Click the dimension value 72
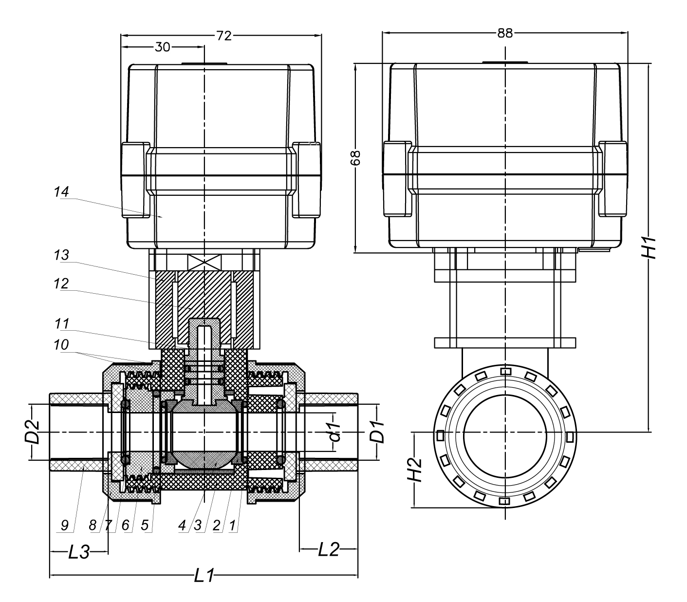click(223, 36)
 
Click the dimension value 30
click(162, 47)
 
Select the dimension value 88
click(505, 33)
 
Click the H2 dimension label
click(414, 470)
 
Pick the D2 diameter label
click(32, 431)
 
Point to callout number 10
click(61, 344)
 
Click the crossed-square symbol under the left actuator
click(204, 262)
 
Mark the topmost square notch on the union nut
click(506, 372)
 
